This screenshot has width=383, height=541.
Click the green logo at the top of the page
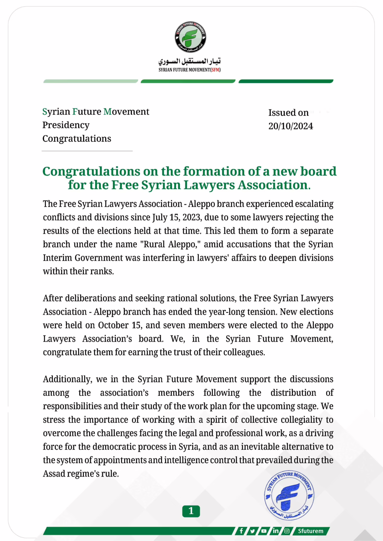(190, 37)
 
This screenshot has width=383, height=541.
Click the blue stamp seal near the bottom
(289, 495)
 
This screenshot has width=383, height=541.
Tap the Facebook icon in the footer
(241, 531)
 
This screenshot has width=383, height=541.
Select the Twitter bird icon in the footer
(253, 531)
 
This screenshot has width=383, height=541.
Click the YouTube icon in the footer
(264, 531)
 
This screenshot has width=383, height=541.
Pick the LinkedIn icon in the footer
(275, 531)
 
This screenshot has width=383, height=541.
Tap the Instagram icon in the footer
(287, 531)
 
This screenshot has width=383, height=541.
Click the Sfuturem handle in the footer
(310, 531)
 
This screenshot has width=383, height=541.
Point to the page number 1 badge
(191, 511)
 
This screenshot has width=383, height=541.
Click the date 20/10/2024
(291, 126)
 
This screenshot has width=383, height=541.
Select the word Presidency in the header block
(66, 125)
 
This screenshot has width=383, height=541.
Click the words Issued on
(288, 113)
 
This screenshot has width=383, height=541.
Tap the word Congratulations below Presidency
(77, 139)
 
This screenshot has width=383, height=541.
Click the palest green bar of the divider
(91, 81)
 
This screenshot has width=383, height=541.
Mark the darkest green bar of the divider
(286, 81)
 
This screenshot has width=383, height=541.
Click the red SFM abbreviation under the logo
(215, 70)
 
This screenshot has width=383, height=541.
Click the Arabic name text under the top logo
(189, 61)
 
